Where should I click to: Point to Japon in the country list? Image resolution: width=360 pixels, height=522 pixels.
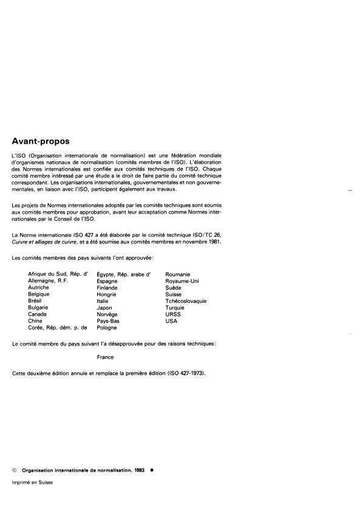click(x=105, y=307)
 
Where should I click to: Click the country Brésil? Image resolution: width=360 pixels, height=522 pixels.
click(x=35, y=300)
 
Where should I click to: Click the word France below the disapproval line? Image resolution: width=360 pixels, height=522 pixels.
click(x=106, y=357)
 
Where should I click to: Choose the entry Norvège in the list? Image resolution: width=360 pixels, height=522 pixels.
click(x=107, y=314)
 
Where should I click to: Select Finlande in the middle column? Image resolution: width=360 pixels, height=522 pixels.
click(x=107, y=288)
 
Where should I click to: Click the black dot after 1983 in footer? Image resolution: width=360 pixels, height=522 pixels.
click(x=151, y=470)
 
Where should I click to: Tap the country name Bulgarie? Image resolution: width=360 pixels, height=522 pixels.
click(x=38, y=307)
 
